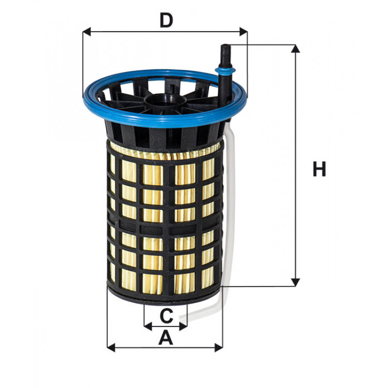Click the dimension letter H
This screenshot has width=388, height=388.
point(319,169)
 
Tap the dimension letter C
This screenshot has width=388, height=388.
point(166,315)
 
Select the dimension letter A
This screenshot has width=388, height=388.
point(165,338)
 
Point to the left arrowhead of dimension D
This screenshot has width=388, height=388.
point(86,32)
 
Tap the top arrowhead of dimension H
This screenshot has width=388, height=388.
point(295,49)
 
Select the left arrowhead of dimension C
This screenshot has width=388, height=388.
point(147,326)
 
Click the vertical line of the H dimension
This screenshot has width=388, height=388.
point(295,166)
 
